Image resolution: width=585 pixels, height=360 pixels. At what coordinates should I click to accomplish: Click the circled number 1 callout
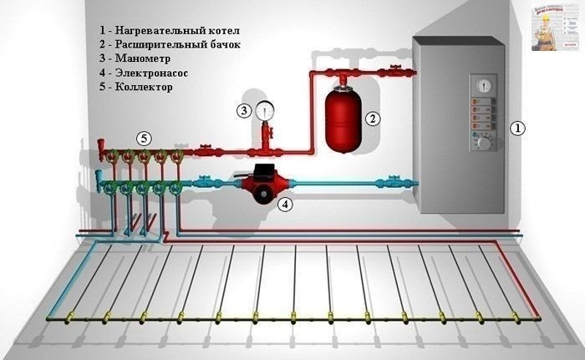[518, 129]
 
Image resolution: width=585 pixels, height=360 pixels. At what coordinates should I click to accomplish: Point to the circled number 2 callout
[374, 119]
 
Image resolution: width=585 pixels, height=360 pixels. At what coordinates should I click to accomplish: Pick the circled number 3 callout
[244, 109]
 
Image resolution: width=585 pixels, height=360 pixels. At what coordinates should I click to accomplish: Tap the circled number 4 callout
[286, 203]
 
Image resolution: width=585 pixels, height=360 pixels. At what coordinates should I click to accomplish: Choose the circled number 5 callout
[144, 136]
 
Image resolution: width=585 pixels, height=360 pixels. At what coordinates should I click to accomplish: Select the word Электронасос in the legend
[150, 73]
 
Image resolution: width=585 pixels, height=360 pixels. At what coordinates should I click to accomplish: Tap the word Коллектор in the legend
[141, 87]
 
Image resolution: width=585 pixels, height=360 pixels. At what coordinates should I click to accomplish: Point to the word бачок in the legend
[221, 45]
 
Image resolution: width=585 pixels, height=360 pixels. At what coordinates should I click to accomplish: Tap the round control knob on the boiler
[482, 143]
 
